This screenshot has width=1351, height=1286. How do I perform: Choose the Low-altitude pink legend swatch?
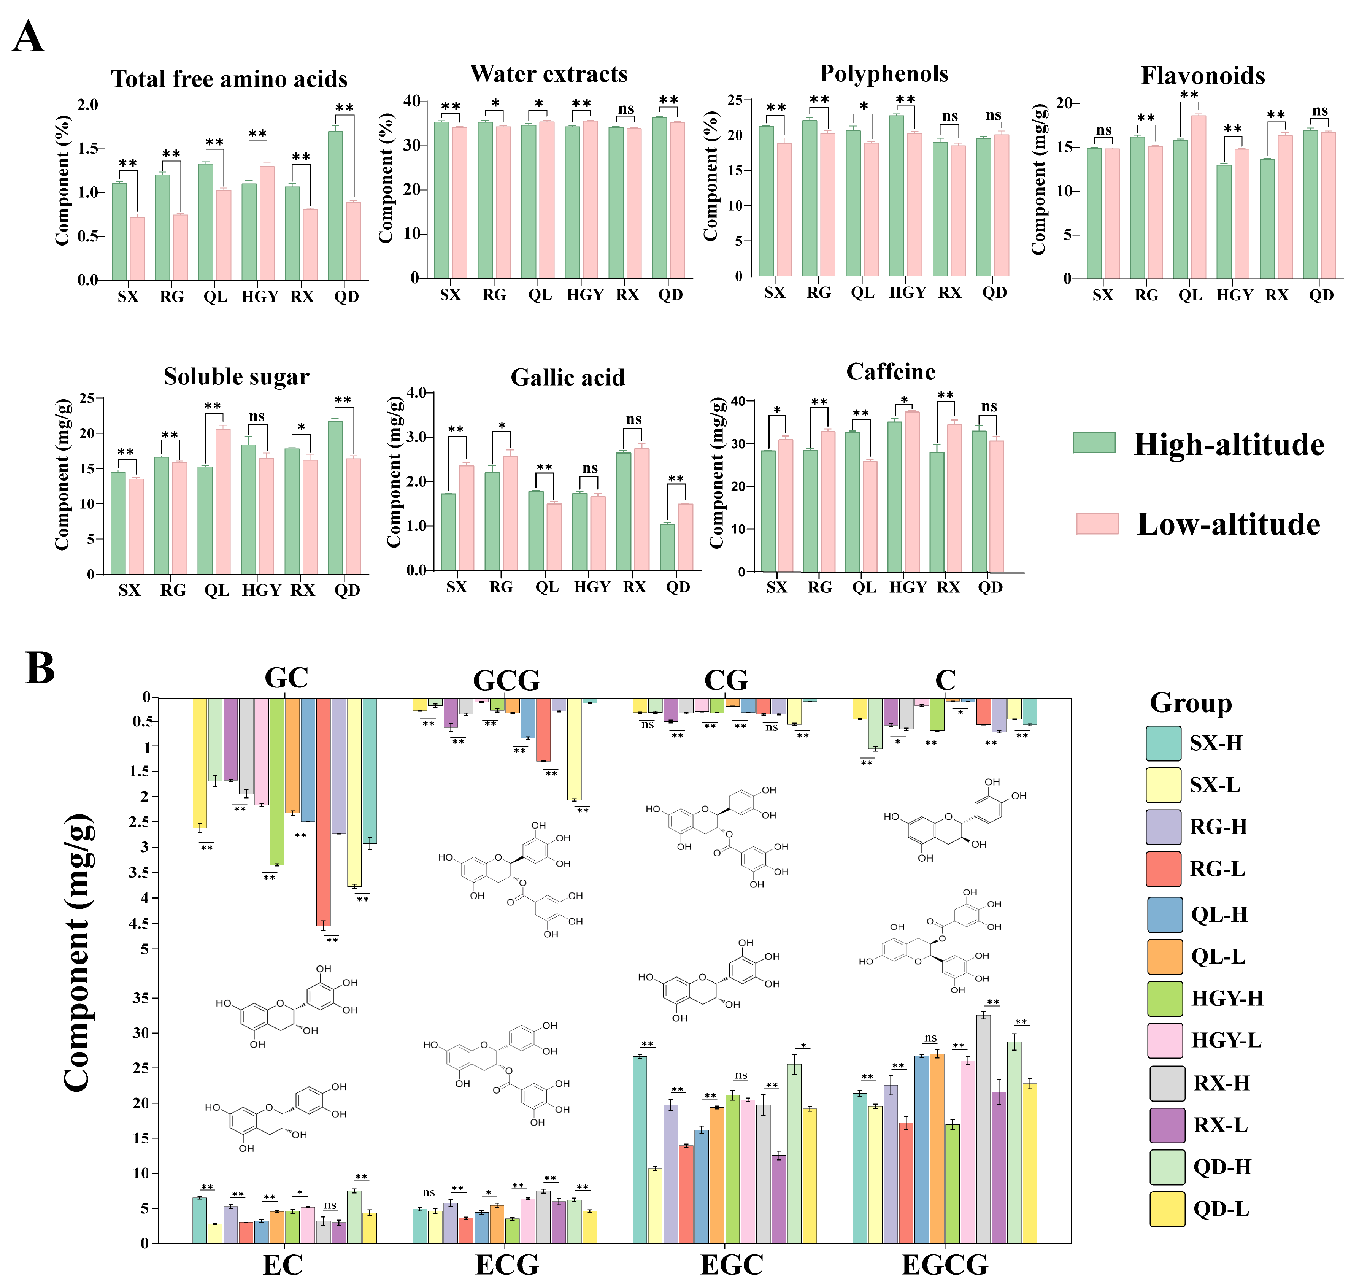pos(1097,524)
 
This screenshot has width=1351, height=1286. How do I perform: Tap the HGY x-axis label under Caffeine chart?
pos(908,587)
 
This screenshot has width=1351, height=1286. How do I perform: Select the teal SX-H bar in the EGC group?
pos(640,1149)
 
